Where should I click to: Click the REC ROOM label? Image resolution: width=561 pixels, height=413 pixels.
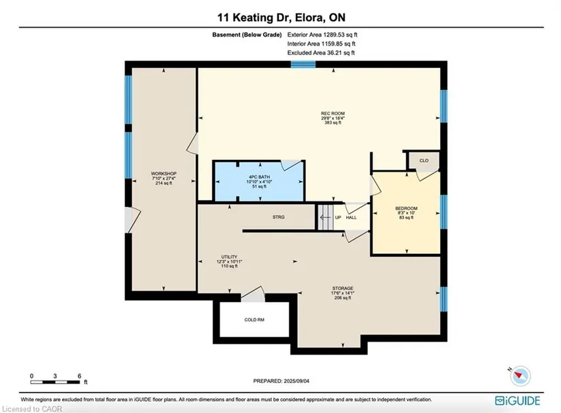(x=333, y=114)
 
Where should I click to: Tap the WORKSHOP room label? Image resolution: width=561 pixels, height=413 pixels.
(x=164, y=174)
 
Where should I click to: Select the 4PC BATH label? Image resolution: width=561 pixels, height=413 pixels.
(x=259, y=177)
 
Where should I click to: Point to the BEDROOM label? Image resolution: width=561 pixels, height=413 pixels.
(x=407, y=208)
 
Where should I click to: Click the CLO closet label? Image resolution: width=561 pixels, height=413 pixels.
(x=424, y=161)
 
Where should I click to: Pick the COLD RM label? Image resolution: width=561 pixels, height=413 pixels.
(x=254, y=320)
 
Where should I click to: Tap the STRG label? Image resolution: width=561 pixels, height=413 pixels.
(x=278, y=217)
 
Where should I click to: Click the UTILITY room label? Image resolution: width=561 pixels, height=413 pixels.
(x=229, y=257)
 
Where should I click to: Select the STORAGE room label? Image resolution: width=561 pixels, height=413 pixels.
(x=343, y=288)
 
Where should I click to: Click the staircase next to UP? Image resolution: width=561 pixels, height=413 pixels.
(x=326, y=217)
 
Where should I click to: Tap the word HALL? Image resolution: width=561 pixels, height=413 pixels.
(x=352, y=217)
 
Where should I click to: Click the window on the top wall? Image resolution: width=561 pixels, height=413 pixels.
(x=303, y=65)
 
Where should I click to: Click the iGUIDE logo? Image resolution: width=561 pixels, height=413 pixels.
(x=517, y=401)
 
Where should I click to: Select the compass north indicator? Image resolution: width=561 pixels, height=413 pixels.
(x=518, y=376)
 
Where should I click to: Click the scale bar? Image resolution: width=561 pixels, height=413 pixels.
(x=55, y=382)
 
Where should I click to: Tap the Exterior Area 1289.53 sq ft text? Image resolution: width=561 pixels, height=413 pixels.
(x=322, y=35)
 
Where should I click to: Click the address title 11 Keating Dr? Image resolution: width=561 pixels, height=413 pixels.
(x=252, y=17)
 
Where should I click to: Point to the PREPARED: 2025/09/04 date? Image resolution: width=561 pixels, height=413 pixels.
(x=282, y=381)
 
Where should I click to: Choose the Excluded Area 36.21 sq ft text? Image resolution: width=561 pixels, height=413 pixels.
(x=321, y=52)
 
